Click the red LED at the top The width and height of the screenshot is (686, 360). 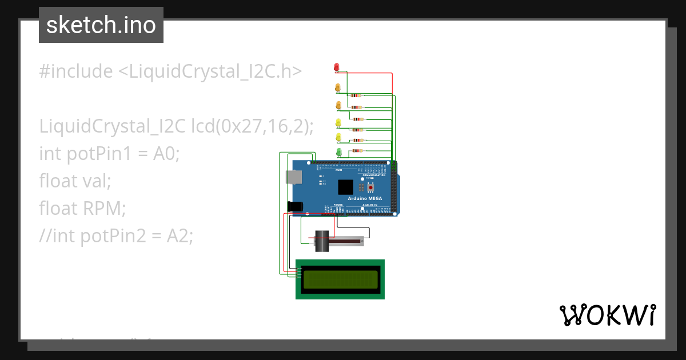tap(337, 67)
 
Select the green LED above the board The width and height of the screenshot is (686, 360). tap(338, 151)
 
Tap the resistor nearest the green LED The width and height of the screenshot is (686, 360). tap(357, 151)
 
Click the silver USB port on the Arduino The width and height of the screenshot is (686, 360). tap(294, 177)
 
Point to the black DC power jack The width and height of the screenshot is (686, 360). tap(294, 206)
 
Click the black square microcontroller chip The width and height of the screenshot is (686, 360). tap(346, 187)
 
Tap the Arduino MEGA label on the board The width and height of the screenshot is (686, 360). tap(365, 198)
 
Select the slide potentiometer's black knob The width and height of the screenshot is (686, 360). tap(322, 242)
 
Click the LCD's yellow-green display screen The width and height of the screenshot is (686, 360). tap(340, 279)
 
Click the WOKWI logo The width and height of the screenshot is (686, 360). tap(607, 315)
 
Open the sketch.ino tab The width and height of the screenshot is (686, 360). tap(101, 25)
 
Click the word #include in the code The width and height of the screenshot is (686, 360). tap(76, 71)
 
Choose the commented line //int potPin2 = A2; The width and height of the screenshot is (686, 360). tap(117, 236)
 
